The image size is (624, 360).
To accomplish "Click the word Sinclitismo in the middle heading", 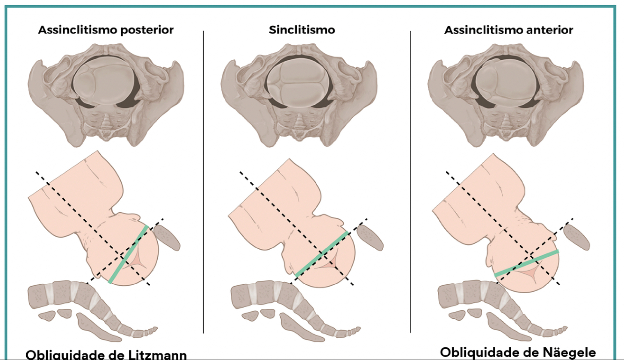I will coord(302,30).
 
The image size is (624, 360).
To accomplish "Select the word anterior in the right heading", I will coord(551,30).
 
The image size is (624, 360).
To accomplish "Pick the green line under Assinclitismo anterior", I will coord(527,263).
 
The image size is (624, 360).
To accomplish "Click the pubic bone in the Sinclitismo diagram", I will coord(370,237).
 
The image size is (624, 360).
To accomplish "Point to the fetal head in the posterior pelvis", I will coord(101,81).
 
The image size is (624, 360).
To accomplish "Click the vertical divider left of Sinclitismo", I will coord(203,182).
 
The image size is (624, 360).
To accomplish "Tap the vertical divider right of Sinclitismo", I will coord(410,182).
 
